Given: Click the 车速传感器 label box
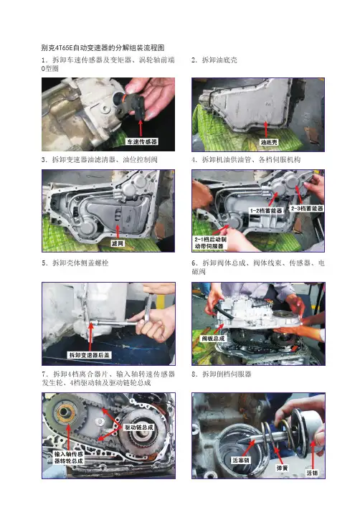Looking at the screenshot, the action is [142, 141].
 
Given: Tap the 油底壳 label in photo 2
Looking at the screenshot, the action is [268, 142].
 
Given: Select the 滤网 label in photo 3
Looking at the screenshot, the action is [118, 243].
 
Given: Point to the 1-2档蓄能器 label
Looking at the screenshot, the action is [266, 211].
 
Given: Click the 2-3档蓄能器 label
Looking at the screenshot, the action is [307, 208].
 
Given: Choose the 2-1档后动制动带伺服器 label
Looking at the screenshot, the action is [210, 243].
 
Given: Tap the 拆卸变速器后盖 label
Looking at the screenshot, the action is [90, 355].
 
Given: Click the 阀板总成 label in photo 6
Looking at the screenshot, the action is [213, 339].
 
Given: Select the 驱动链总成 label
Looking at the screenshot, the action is [139, 428].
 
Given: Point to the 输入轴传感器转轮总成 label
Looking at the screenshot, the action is [69, 458].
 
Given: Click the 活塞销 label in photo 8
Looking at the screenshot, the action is [240, 461].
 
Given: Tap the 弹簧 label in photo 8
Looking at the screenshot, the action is [282, 468].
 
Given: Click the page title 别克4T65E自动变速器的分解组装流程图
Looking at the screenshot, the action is [103, 47].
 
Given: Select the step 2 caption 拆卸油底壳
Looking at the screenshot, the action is [214, 60].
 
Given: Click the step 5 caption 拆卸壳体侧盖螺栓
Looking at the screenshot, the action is [75, 263].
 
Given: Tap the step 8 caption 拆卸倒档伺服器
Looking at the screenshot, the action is [222, 374].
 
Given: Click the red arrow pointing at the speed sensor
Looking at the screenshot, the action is [141, 128].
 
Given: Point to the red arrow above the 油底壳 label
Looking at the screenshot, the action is [266, 130].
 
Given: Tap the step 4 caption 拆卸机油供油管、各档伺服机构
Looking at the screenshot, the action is [246, 159].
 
